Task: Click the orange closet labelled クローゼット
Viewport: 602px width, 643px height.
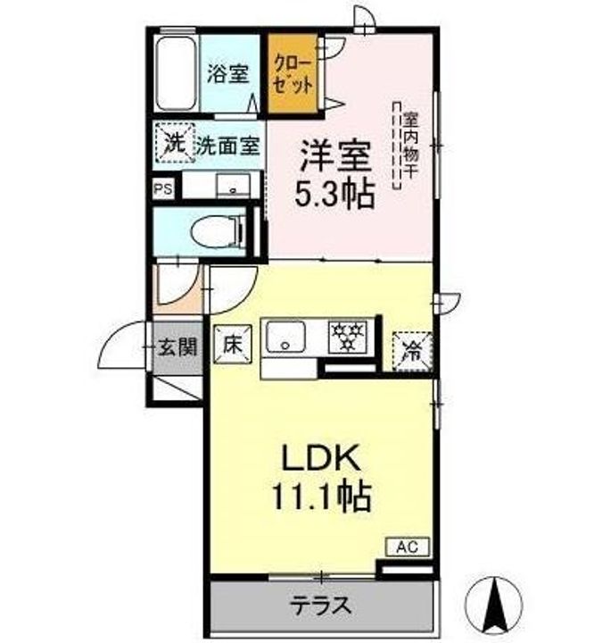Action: [x=293, y=74]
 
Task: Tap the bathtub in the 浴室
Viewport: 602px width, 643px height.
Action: [x=176, y=73]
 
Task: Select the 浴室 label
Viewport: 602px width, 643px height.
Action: [x=227, y=74]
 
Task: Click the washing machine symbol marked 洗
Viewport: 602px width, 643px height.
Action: [x=175, y=143]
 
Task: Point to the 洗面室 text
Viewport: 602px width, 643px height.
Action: [x=227, y=146]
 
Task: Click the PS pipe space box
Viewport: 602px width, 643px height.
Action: [x=163, y=189]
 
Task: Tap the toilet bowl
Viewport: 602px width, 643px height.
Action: [x=218, y=231]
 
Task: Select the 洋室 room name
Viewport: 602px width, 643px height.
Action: [x=336, y=156]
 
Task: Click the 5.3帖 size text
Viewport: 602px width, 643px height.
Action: [x=335, y=195]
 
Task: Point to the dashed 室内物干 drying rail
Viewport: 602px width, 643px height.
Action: [x=396, y=146]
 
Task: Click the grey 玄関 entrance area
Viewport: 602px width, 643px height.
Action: [x=177, y=347]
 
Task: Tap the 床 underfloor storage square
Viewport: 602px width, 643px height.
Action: [x=233, y=345]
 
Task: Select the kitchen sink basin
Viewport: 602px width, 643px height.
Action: [x=286, y=337]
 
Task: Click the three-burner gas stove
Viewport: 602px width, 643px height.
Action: [x=349, y=337]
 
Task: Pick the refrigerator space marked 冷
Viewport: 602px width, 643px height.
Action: [x=412, y=352]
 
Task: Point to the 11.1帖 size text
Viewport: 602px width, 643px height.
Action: [x=321, y=496]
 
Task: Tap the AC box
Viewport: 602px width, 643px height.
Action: [x=408, y=547]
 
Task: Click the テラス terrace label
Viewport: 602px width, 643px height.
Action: [x=321, y=605]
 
